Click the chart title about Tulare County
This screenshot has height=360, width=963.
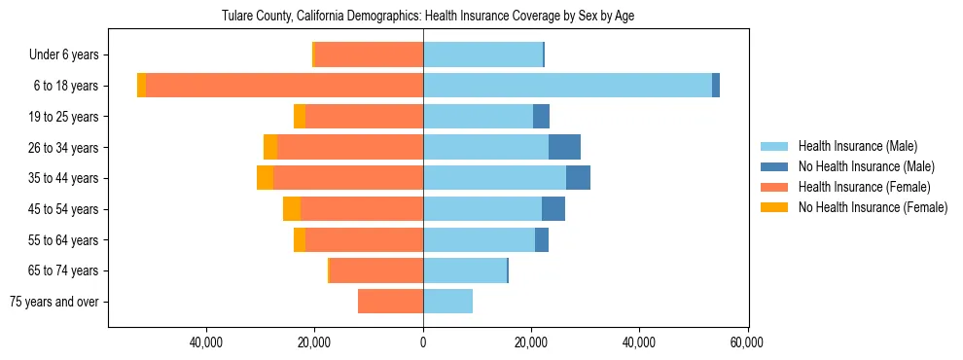[x=428, y=17]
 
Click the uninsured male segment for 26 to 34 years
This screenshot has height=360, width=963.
[x=564, y=147]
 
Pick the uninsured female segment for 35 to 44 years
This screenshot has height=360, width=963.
[x=265, y=178]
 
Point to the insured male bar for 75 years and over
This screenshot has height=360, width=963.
[x=447, y=302]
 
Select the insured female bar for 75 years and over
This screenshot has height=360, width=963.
[x=390, y=302]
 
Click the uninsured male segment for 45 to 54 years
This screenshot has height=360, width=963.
[x=553, y=208]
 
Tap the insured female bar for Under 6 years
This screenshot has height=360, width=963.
[x=369, y=54]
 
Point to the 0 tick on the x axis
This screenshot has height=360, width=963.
[x=423, y=342]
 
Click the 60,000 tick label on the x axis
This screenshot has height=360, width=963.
[x=747, y=342]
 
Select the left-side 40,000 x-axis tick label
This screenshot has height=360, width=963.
[x=207, y=342]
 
